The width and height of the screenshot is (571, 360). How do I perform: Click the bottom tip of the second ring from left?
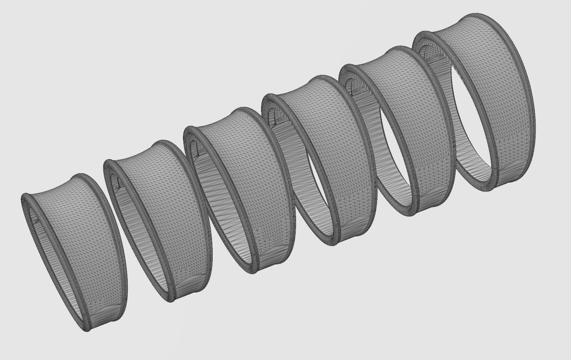pyautogui.click(x=171, y=301)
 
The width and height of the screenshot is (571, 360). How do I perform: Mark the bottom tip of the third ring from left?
pyautogui.click(x=253, y=272)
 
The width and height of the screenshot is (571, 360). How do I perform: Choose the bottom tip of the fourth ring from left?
pyautogui.click(x=333, y=244)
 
